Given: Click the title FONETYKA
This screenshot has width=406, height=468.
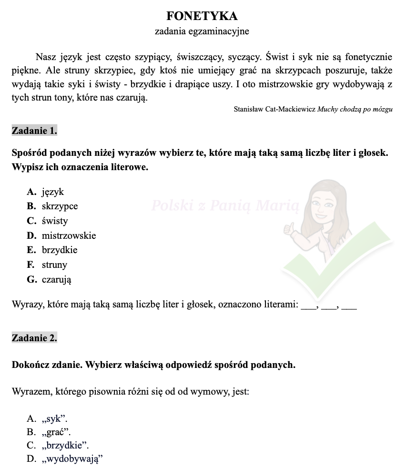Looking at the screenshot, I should tap(202, 16).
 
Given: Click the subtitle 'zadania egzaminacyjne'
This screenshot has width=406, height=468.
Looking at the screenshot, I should tap(202, 31).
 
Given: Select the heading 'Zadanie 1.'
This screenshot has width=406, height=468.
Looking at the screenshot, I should tap(34, 130).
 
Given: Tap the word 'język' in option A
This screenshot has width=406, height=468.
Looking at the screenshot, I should tap(52, 192).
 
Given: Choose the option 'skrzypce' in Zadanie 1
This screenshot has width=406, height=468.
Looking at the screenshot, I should tap(60, 206).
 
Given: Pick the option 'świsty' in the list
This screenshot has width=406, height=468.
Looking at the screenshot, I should tap(55, 221).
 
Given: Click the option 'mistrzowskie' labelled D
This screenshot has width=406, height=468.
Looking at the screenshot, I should tap(69, 235).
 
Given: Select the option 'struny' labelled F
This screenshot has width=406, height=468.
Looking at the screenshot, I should tap(54, 265).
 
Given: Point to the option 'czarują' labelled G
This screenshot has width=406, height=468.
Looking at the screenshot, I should tap(56, 280).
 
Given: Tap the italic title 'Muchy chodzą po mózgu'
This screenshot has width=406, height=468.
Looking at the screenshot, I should tap(355, 109).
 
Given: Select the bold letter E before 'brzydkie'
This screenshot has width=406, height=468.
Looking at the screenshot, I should tap(32, 250).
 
